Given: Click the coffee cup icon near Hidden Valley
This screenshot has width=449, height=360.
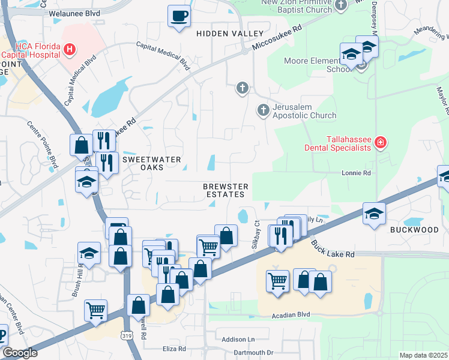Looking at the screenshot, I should tap(178, 15).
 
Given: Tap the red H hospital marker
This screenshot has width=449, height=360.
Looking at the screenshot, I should tap(70, 49).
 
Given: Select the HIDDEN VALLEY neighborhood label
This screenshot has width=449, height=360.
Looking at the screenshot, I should tap(230, 33).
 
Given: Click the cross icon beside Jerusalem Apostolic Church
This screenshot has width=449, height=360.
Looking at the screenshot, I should tap(263, 110).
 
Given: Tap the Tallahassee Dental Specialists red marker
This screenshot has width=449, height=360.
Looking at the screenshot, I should tap(379, 142).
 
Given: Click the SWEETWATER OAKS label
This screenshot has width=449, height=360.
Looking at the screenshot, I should tap(143, 163).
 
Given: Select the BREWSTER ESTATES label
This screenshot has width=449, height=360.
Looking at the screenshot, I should tap(224, 190).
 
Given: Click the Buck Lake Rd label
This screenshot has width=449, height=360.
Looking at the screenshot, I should tap(333, 249).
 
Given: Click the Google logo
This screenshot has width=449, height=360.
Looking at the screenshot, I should tap(20, 353).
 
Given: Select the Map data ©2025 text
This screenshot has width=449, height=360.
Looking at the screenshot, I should tap(424, 355).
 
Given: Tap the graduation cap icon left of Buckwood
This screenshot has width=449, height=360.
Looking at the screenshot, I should tap(373, 214).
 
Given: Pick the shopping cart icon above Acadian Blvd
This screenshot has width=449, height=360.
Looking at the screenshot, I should tap(277, 280).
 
